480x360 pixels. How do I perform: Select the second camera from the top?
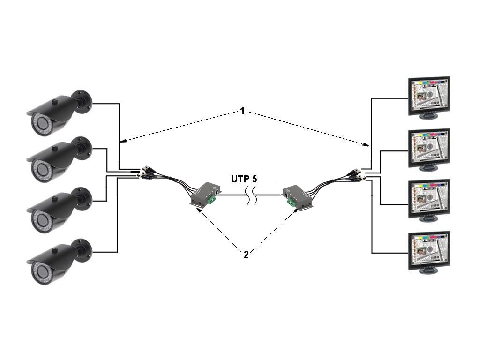click(59, 159)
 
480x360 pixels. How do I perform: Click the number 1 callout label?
click(242, 111)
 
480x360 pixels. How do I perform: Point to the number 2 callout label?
click(246, 255)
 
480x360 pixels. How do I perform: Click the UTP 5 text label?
click(243, 179)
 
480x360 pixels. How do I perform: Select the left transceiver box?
click(204, 194)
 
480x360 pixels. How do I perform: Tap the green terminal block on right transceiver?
click(291, 202)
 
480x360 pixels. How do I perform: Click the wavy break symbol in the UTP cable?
click(252, 195)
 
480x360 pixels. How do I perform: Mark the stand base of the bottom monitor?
click(427, 271)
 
